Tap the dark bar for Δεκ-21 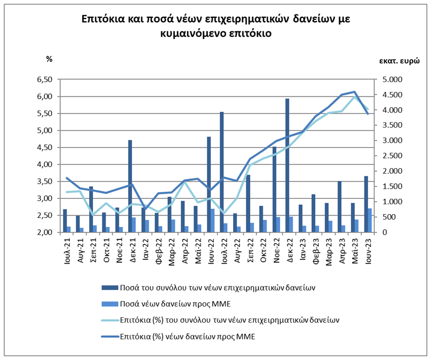click(x=130, y=186)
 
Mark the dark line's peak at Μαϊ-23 click(x=354, y=92)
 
